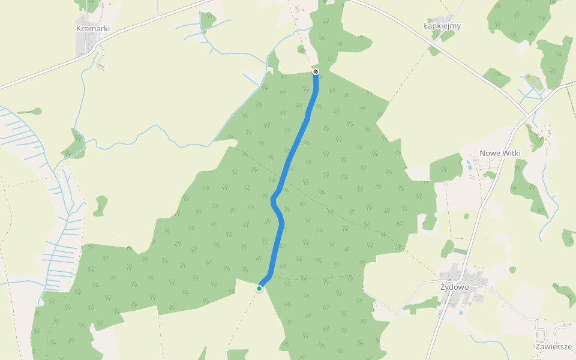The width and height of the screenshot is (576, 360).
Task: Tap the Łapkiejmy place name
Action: (442, 26)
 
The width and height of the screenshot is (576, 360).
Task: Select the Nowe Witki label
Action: (500, 154)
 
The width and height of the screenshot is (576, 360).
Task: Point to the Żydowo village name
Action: (454, 287)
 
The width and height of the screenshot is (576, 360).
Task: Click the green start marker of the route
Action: (259, 289)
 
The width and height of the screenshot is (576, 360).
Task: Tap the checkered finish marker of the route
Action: (316, 72)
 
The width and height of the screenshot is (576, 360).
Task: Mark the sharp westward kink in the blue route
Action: (274, 199)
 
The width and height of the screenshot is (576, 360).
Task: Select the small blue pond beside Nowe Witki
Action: (468, 163)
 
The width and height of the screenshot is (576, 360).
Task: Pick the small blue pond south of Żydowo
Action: (460, 313)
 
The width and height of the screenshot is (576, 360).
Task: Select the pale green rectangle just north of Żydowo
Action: (460, 251)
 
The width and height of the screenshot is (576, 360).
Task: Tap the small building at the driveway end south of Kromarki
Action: (101, 65)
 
